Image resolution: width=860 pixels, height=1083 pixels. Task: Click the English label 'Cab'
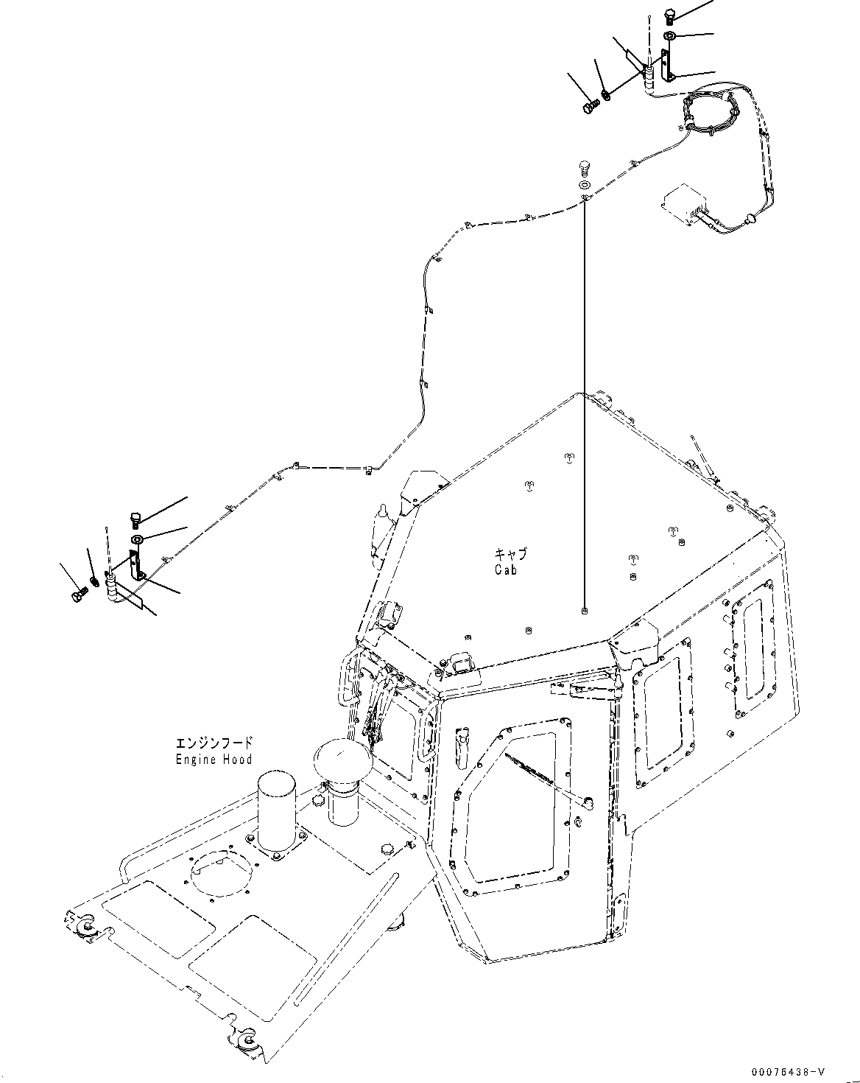pyautogui.click(x=507, y=569)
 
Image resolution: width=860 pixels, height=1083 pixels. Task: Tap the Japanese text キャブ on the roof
pyautogui.click(x=511, y=554)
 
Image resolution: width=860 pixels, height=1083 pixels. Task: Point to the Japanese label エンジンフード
pyautogui.click(x=214, y=743)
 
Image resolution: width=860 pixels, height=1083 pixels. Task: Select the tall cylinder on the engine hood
pyautogui.click(x=277, y=815)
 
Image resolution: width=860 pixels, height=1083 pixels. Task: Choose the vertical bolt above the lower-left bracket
pyautogui.click(x=135, y=519)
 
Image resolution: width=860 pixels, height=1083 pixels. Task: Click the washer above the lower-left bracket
pyautogui.click(x=138, y=540)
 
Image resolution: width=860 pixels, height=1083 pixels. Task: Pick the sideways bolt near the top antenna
pyautogui.click(x=589, y=108)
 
